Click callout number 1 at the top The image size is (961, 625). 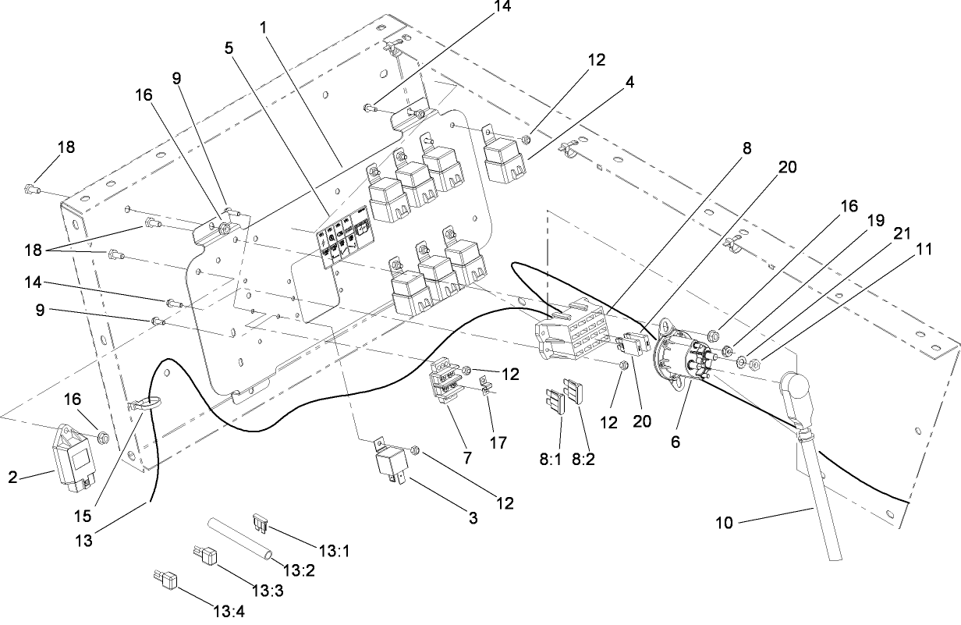coord(264,27)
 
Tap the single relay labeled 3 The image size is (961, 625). coord(392,462)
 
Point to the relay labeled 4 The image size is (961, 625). coord(504,160)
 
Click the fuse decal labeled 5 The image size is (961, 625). coord(344,236)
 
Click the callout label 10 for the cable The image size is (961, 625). coord(724,523)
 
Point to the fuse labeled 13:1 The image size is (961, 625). coord(261,522)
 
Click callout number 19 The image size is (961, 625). coord(876,220)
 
